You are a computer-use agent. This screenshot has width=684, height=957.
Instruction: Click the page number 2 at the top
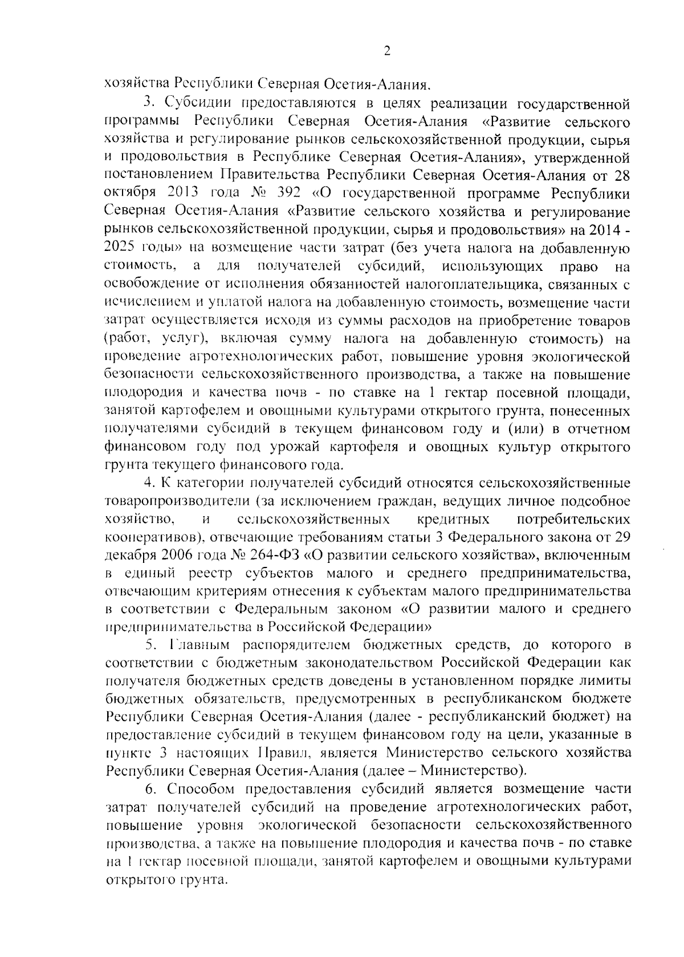[387, 52]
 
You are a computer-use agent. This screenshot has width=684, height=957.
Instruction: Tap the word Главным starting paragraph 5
[198, 645]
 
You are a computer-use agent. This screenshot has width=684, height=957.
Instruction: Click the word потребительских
[573, 519]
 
